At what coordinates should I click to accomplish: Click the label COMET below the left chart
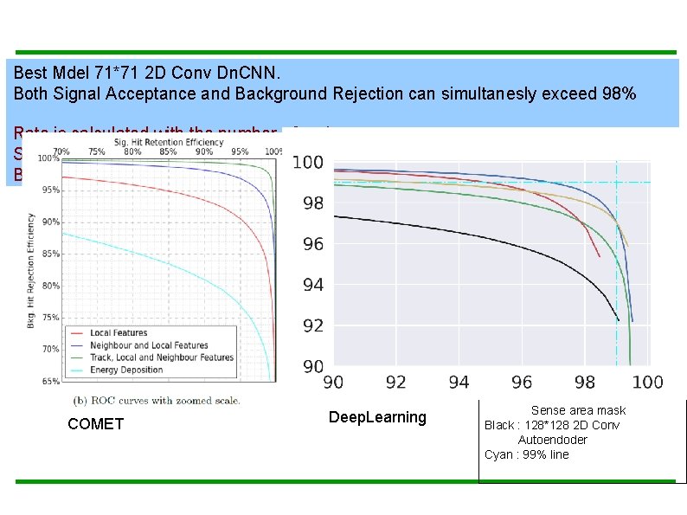coord(95,424)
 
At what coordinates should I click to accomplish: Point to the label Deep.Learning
coord(377,417)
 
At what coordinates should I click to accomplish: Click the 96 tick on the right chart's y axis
coord(312,245)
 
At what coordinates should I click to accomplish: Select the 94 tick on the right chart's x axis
coord(459,383)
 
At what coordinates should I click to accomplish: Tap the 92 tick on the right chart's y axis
coord(312,326)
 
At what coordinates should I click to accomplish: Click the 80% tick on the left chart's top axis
coord(132,151)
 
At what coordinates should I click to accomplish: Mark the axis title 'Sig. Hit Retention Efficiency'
coord(170,142)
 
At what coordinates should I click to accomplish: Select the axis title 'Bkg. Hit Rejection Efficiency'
coord(31,268)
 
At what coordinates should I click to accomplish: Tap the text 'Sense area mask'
coord(578,410)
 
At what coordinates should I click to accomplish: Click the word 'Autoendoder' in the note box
coord(552,440)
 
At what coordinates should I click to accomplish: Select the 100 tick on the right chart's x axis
coord(648,383)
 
